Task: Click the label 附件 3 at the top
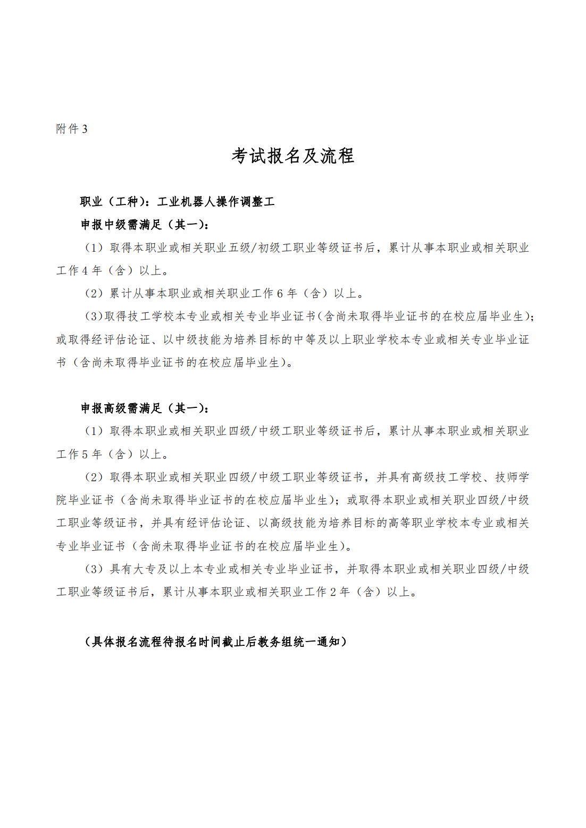tap(72, 129)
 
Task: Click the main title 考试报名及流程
tap(292, 156)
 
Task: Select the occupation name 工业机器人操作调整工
tap(216, 202)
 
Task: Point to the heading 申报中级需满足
tap(121, 225)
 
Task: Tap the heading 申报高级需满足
tap(121, 408)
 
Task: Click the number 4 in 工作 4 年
tap(85, 271)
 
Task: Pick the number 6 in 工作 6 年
tap(280, 294)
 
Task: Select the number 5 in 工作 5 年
tap(85, 455)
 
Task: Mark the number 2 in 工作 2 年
tap(333, 592)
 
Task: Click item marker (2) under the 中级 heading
tap(94, 294)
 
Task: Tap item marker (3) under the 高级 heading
tap(94, 569)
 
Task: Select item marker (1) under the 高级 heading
tap(94, 431)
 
